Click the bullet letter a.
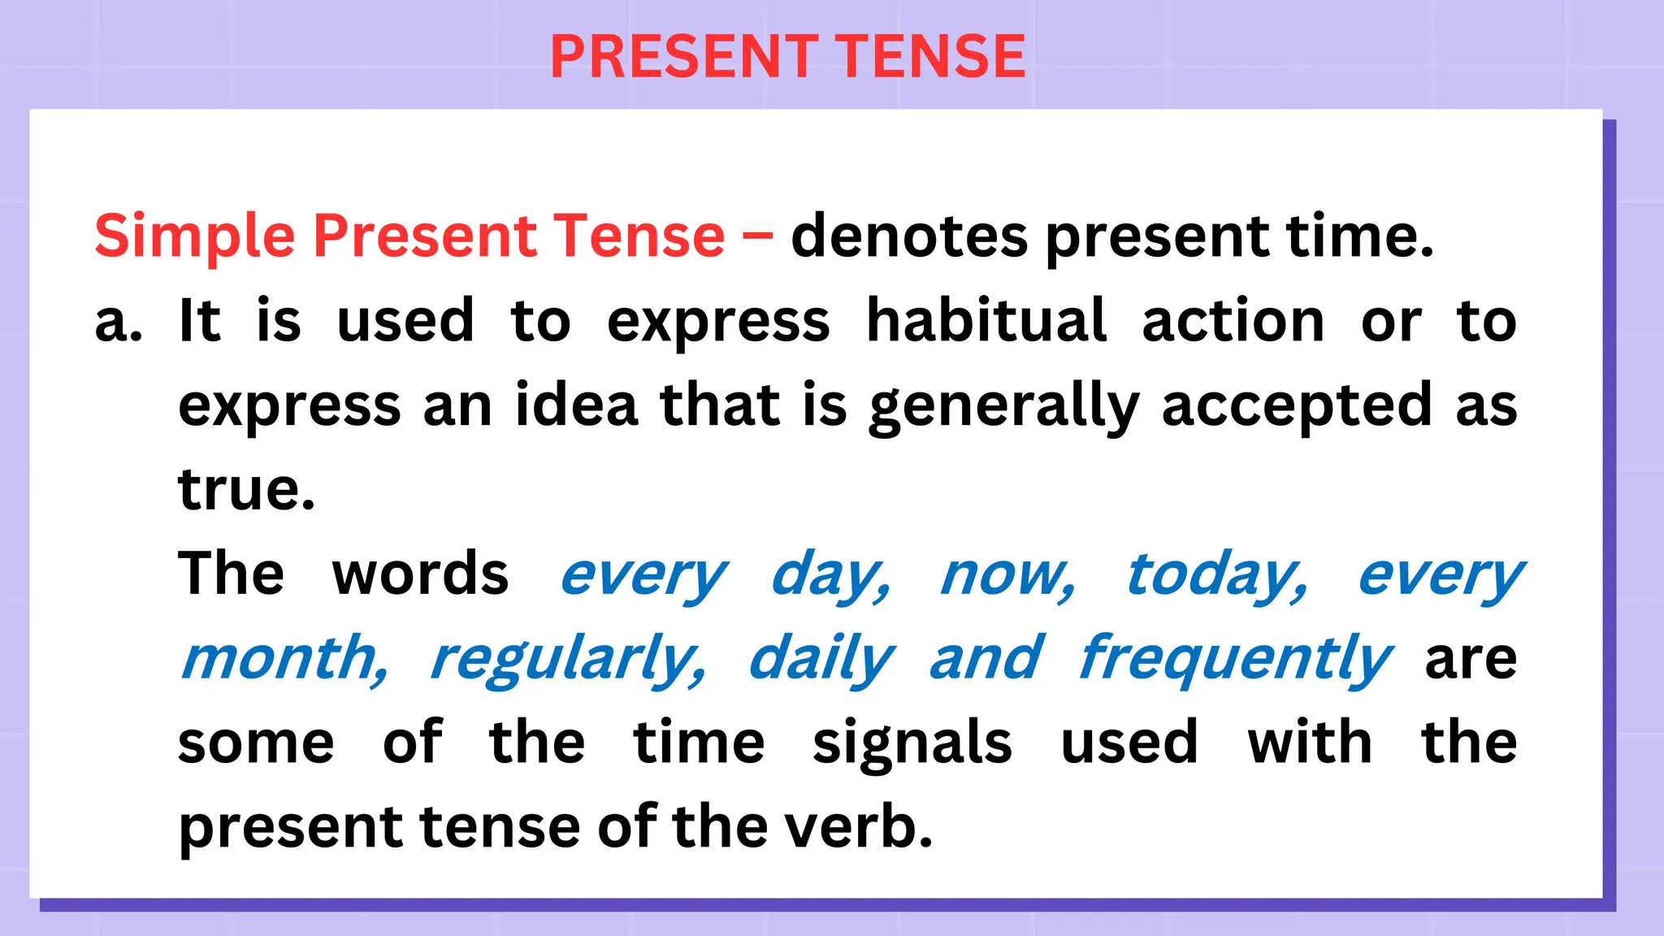pyautogui.click(x=118, y=322)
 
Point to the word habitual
pyautogui.click(x=986, y=321)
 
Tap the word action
pyautogui.click(x=1233, y=321)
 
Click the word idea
pyautogui.click(x=576, y=405)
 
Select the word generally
pyautogui.click(x=1004, y=406)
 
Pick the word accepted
pyautogui.click(x=1296, y=406)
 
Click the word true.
pyautogui.click(x=246, y=490)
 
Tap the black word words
pyautogui.click(x=420, y=574)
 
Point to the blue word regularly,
pyautogui.click(x=568, y=659)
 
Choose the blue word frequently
pyautogui.click(x=1235, y=659)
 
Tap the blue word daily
pyautogui.click(x=821, y=659)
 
